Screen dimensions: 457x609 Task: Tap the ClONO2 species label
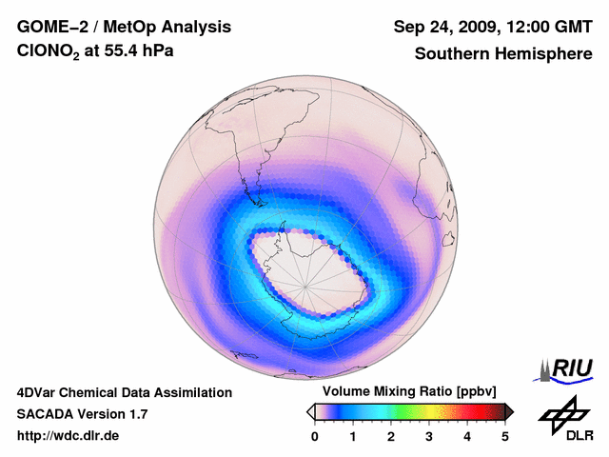click(x=52, y=53)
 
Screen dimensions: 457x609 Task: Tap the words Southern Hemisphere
click(x=502, y=53)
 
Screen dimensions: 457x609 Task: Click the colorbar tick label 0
click(x=315, y=436)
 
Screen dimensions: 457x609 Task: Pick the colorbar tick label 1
click(x=353, y=436)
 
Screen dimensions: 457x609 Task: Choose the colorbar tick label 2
click(x=391, y=436)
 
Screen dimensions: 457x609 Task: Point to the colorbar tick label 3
click(x=429, y=436)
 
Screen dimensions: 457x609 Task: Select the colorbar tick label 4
click(x=467, y=436)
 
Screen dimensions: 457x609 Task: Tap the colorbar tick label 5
click(x=505, y=436)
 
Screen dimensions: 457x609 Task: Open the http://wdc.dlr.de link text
click(x=68, y=436)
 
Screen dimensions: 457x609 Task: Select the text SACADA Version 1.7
click(x=82, y=414)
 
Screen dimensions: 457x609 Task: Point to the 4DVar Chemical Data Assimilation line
click(x=124, y=392)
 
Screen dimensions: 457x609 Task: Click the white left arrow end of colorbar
click(x=310, y=411)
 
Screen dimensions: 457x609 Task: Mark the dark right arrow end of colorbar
click(x=510, y=411)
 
